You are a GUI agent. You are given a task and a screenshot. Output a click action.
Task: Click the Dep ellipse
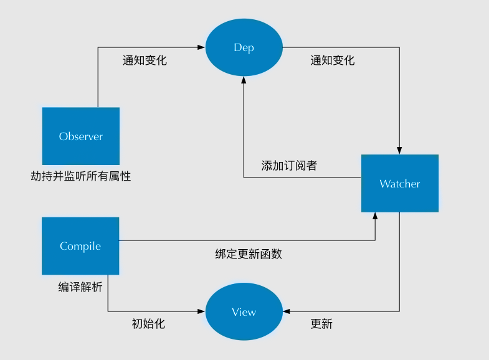click(244, 47)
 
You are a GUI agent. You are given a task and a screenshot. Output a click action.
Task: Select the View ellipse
click(244, 312)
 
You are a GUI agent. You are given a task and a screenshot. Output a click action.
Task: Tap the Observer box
click(80, 136)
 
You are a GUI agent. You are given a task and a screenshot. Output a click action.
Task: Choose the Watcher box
click(400, 184)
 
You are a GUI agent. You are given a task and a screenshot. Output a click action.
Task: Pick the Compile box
click(80, 246)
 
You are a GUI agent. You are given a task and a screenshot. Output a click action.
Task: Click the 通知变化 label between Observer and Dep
click(145, 60)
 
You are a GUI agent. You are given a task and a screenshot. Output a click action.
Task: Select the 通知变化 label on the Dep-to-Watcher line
click(332, 60)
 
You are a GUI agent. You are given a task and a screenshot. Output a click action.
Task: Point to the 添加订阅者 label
click(289, 166)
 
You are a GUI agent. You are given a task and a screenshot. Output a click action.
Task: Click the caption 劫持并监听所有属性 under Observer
click(81, 176)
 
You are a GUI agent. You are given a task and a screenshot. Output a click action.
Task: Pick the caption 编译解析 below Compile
click(80, 287)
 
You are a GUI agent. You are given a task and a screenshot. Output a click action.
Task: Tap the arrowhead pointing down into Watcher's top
click(399, 150)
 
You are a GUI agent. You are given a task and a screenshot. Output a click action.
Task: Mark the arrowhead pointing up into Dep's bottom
click(244, 82)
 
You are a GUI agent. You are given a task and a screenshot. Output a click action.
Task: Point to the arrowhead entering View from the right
click(286, 311)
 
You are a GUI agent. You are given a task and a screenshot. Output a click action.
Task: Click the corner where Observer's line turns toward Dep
click(98, 47)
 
